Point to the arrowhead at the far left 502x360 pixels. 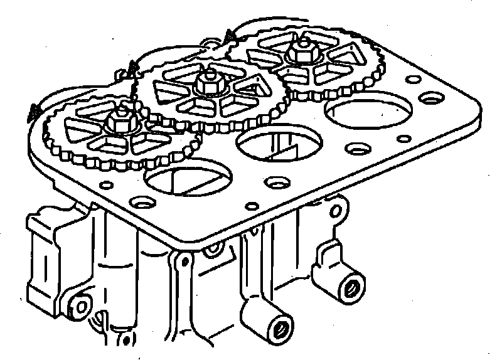click(x=33, y=113)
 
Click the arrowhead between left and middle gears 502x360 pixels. click(x=131, y=68)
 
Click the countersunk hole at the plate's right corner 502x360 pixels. click(x=432, y=98)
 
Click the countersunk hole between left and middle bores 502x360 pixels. click(x=274, y=183)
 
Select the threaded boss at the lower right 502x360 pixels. click(x=351, y=288)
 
